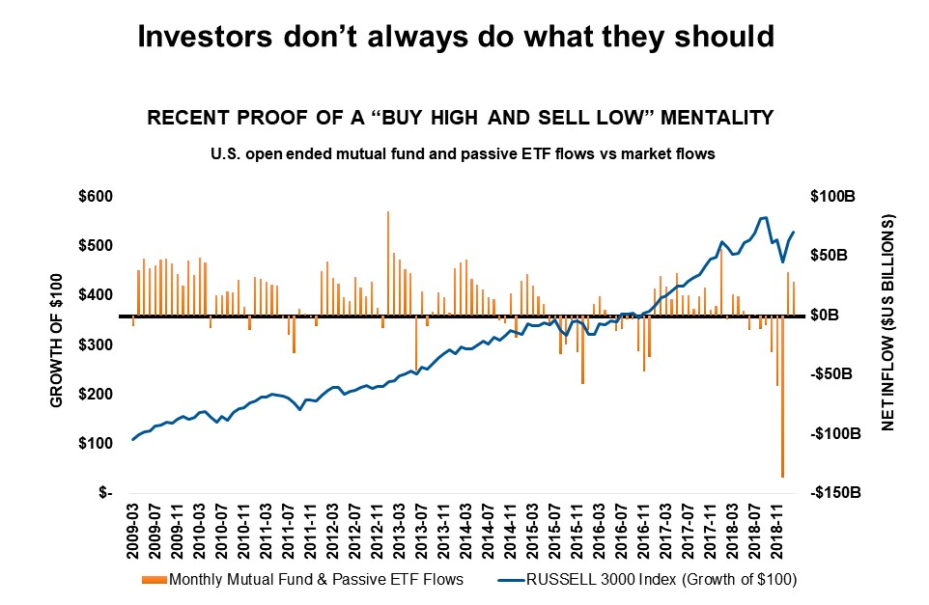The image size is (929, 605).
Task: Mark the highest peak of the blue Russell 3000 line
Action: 765,217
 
